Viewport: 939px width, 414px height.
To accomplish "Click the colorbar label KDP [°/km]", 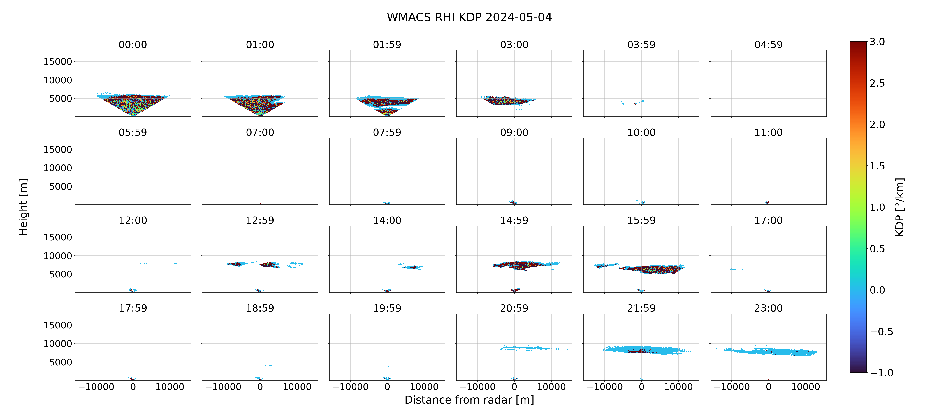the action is (x=900, y=207).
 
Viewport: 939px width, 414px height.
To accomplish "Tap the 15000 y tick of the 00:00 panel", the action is (x=58, y=62).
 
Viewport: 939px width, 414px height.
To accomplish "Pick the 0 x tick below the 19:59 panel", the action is (x=387, y=387).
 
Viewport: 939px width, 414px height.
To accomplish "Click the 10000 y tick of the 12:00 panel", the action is (x=58, y=256).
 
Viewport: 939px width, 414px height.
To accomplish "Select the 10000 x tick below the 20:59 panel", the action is (x=551, y=387).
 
